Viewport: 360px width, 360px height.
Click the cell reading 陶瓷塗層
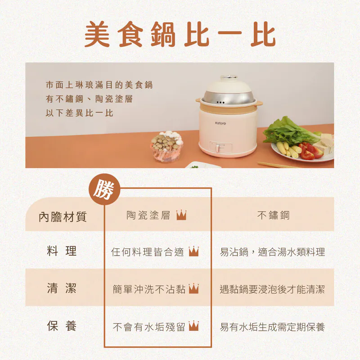tap(148, 215)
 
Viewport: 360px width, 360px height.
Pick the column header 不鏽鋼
tap(273, 215)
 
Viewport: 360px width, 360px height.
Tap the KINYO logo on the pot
tap(220, 123)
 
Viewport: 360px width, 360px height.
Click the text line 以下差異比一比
tap(80, 113)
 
